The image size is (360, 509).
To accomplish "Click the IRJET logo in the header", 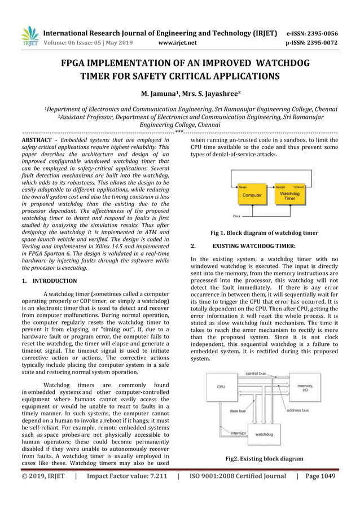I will pyautogui.click(x=29, y=36).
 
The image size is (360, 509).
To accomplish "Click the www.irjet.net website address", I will pyautogui.click(x=177, y=42).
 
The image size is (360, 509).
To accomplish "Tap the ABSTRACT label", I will pyautogui.click(x=37, y=139).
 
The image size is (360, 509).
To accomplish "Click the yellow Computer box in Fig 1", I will pyautogui.click(x=252, y=195).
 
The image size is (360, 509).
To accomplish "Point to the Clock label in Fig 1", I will pyautogui.click(x=237, y=216).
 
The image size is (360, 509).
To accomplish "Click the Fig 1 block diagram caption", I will pyautogui.click(x=264, y=232).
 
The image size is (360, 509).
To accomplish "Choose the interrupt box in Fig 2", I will pyautogui.click(x=222, y=433).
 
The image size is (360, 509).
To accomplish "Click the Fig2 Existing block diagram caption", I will pyautogui.click(x=264, y=459).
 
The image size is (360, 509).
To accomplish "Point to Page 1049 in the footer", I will pyautogui.click(x=320, y=476).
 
